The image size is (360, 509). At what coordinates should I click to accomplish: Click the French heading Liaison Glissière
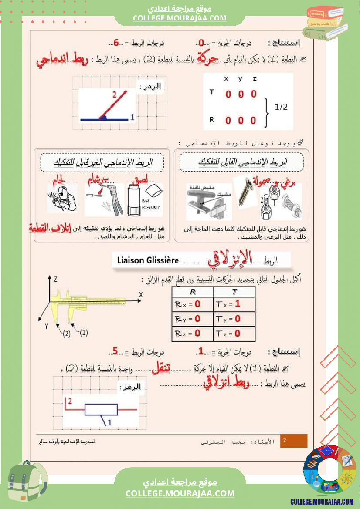point(148,260)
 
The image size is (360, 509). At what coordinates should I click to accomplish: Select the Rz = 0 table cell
point(192,334)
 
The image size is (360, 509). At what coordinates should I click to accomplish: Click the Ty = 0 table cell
point(234,319)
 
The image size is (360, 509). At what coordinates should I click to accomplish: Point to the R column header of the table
point(193,292)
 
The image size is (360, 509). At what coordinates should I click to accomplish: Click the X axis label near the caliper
point(141,295)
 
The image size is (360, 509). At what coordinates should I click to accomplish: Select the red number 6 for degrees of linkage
point(116,43)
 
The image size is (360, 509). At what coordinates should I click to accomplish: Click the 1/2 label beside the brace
point(281,107)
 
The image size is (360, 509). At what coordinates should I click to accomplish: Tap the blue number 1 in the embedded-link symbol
point(132,117)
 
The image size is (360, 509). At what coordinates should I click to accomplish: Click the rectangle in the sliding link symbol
point(101,410)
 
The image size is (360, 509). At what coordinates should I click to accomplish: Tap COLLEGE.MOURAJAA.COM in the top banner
point(180,18)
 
